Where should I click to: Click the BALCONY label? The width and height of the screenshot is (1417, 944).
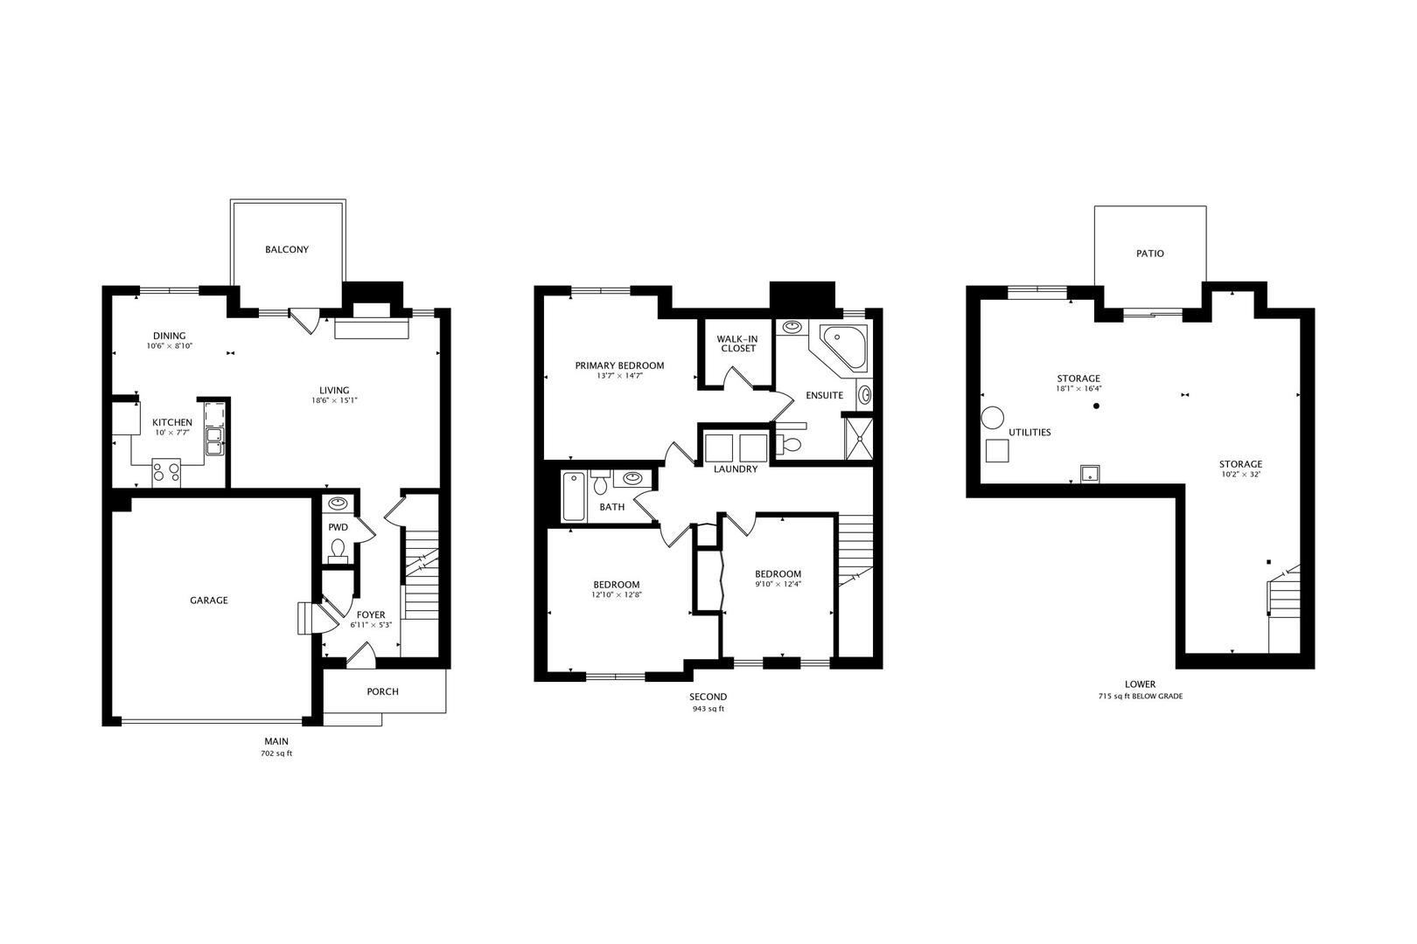pyautogui.click(x=287, y=250)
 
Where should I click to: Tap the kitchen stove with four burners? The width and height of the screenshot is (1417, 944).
pyautogui.click(x=166, y=472)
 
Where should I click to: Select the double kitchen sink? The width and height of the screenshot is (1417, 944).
pyautogui.click(x=213, y=441)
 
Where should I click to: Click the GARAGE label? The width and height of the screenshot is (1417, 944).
pyautogui.click(x=209, y=600)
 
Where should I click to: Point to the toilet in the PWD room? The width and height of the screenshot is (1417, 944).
pyautogui.click(x=339, y=551)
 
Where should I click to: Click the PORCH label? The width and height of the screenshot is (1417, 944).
pyautogui.click(x=382, y=691)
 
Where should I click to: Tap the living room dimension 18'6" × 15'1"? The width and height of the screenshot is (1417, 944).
pyautogui.click(x=334, y=401)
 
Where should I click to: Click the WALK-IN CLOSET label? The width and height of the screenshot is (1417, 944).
pyautogui.click(x=736, y=344)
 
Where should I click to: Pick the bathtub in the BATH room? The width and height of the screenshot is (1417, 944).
pyautogui.click(x=573, y=496)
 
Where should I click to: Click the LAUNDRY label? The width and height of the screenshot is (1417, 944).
pyautogui.click(x=735, y=469)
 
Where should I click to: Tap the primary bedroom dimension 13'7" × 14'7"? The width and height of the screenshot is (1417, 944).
pyautogui.click(x=619, y=376)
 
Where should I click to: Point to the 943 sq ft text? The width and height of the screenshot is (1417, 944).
pyautogui.click(x=708, y=709)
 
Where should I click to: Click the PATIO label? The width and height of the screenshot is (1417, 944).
pyautogui.click(x=1150, y=253)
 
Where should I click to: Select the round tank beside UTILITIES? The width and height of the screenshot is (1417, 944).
pyautogui.click(x=992, y=417)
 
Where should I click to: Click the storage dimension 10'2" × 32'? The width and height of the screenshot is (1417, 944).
pyautogui.click(x=1241, y=475)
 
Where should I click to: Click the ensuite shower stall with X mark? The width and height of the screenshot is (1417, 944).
pyautogui.click(x=858, y=438)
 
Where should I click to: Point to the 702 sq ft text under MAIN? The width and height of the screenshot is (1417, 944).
pyautogui.click(x=276, y=753)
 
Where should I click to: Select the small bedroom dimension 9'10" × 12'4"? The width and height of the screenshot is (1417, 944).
pyautogui.click(x=778, y=585)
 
